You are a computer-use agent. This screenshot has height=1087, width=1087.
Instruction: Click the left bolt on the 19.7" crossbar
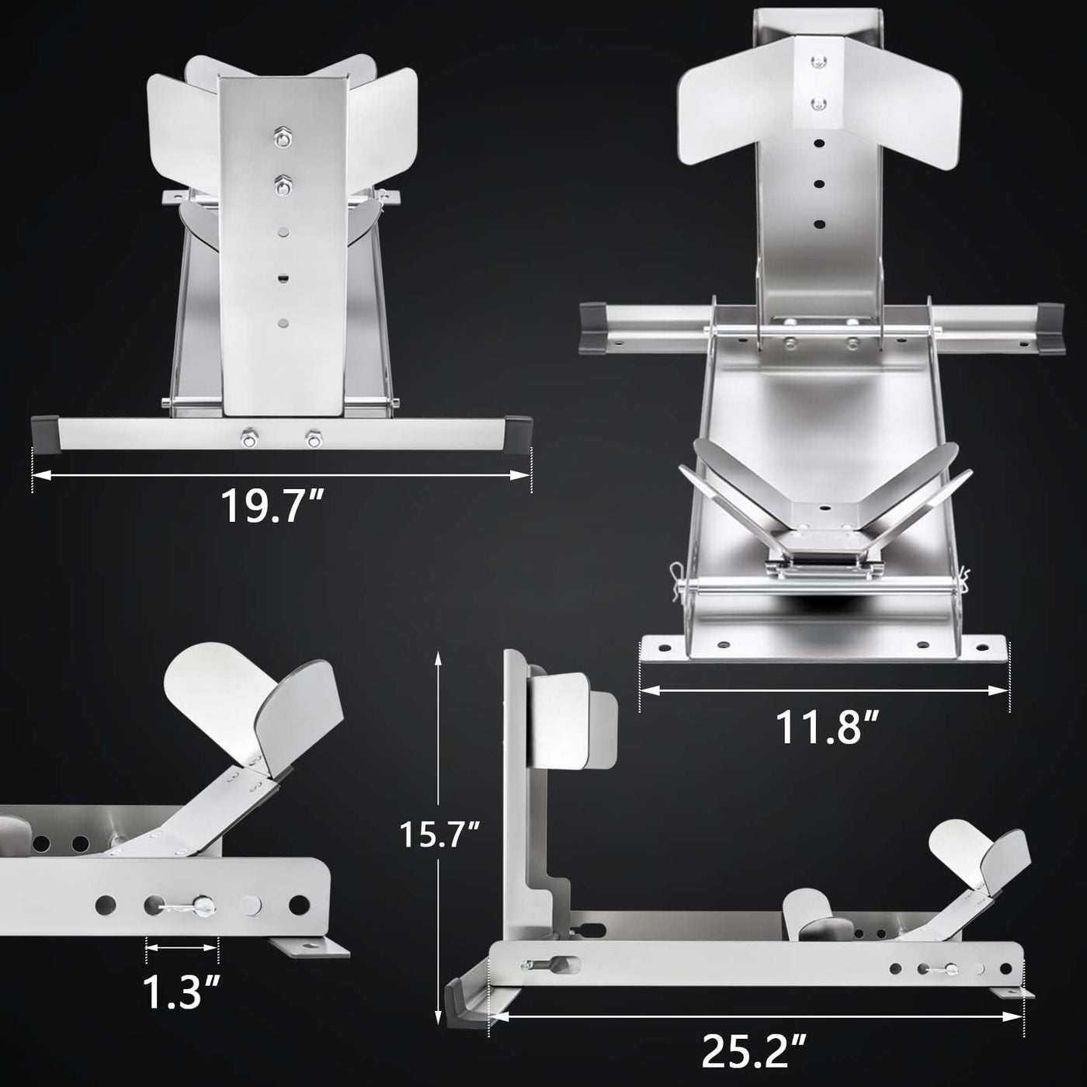pos(248,439)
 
